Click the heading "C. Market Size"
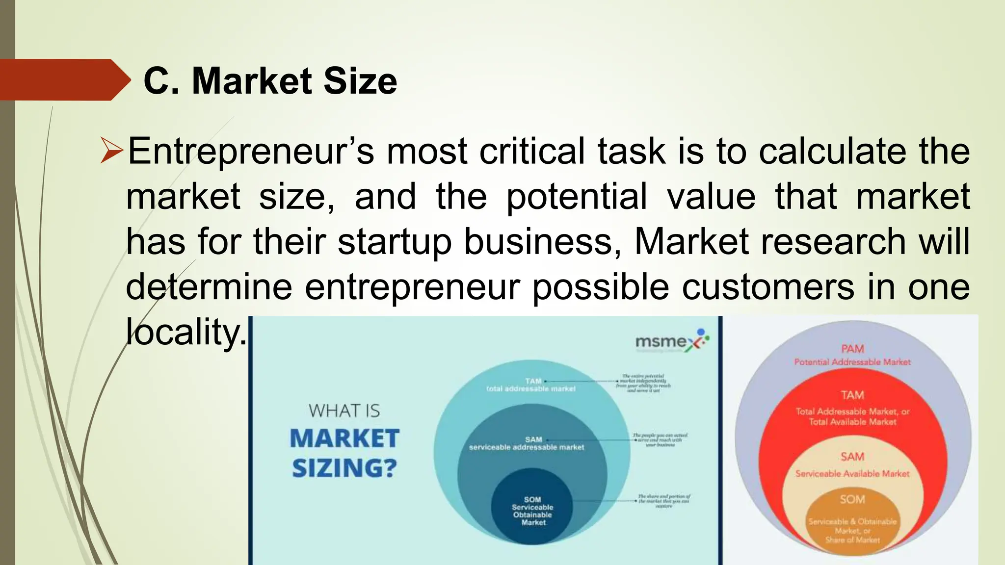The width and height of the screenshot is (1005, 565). coord(270,81)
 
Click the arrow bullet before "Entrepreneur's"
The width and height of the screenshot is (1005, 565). coord(111,151)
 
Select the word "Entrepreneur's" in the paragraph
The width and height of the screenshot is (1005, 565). coord(251,151)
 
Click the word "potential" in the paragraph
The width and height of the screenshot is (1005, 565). coord(576,197)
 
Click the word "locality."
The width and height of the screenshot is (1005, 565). coord(186,332)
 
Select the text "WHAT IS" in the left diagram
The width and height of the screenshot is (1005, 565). coord(344,411)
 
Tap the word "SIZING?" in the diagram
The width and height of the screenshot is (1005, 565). coord(344,468)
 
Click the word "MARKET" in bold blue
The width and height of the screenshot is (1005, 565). coord(344,438)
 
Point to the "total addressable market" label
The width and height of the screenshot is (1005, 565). coord(530,389)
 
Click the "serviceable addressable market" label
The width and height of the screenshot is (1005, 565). coord(527,447)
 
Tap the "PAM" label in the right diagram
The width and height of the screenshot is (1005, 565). coord(852,349)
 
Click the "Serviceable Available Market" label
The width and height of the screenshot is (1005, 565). coord(852,474)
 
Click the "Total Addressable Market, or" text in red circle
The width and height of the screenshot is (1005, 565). coord(852,411)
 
